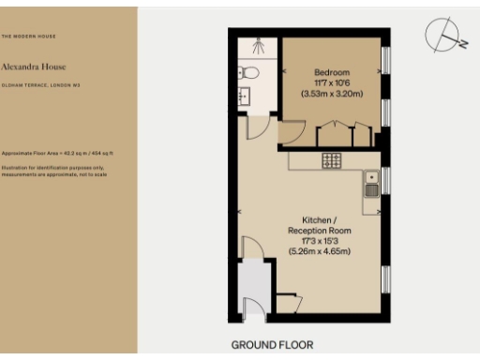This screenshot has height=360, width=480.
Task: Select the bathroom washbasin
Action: pyautogui.click(x=247, y=95)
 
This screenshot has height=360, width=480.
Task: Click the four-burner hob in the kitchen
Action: pyautogui.click(x=331, y=160)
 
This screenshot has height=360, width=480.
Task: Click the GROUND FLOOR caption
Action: pyautogui.click(x=272, y=345)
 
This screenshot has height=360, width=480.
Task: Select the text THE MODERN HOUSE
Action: pyautogui.click(x=27, y=36)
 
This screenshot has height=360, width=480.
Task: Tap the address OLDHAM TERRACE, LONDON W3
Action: pyautogui.click(x=38, y=85)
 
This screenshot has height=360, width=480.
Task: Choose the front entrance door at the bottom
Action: pyautogui.click(x=249, y=310)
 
